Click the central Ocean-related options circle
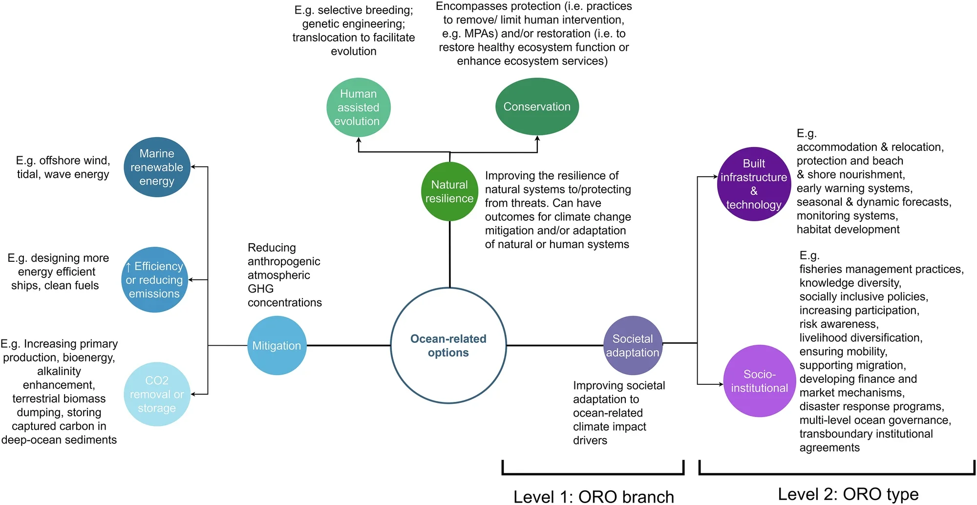coord(448,345)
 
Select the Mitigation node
coord(277,345)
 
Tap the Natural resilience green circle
coord(449,191)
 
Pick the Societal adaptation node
coord(633,345)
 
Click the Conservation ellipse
coord(537,106)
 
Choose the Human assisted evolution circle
coord(358,107)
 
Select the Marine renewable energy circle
coord(157,167)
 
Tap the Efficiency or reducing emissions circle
coord(154,280)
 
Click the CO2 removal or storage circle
coord(157,394)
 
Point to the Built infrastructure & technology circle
coord(754,184)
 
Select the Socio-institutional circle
coord(759,381)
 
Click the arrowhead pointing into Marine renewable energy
coord(193,167)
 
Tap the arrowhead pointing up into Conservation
coord(537,139)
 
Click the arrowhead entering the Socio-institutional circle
coord(721,384)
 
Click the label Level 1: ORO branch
coord(594,497)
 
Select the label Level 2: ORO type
coord(848,494)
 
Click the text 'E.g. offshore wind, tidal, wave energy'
coord(63,168)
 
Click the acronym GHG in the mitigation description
coord(260,289)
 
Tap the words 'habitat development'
coord(848,230)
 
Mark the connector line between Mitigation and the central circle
coord(348,345)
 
